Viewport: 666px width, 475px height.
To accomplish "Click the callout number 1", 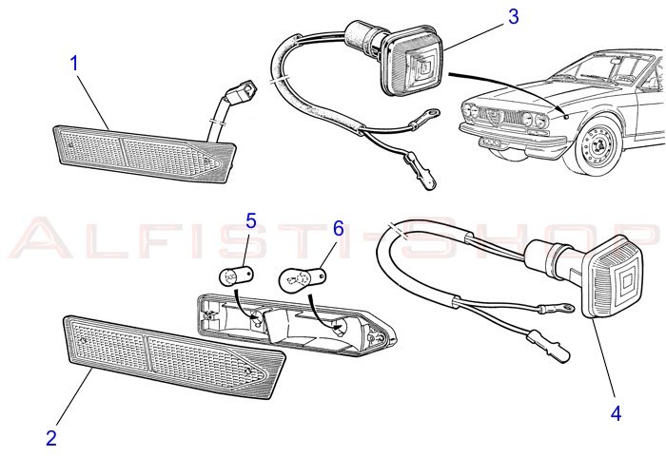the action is pyautogui.click(x=74, y=64).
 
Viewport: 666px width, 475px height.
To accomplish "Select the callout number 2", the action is pyautogui.click(x=51, y=438).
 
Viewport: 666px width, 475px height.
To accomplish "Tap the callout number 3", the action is pyautogui.click(x=514, y=16).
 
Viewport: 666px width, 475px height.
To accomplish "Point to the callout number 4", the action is pyautogui.click(x=616, y=412).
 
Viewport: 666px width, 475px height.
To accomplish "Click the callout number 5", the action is pyautogui.click(x=251, y=221).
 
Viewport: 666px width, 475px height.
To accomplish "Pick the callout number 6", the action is pyautogui.click(x=338, y=229).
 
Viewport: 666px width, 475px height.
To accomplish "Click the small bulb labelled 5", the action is pyautogui.click(x=237, y=277).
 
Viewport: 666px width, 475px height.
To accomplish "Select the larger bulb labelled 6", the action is pyautogui.click(x=303, y=278).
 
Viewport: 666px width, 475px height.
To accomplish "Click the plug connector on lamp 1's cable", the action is pyautogui.click(x=242, y=89).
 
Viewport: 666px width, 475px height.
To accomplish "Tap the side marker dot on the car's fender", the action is pyautogui.click(x=566, y=117).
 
